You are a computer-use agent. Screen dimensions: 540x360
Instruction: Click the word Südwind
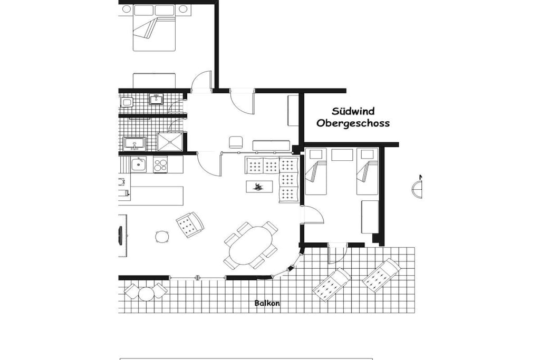(x=353, y=111)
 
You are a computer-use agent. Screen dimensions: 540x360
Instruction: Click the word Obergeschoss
(x=353, y=123)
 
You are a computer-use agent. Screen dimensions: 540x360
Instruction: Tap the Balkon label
(x=267, y=303)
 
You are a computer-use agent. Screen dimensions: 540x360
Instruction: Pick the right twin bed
(x=367, y=171)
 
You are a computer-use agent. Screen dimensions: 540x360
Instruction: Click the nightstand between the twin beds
(x=342, y=154)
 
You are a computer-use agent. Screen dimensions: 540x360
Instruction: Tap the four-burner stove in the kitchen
(x=160, y=164)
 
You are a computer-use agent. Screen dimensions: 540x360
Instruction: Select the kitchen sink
(x=139, y=164)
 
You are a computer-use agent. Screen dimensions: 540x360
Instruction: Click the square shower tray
(x=170, y=141)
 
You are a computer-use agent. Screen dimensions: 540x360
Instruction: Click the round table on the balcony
(x=146, y=294)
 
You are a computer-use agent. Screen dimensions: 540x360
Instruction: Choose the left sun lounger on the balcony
(x=332, y=285)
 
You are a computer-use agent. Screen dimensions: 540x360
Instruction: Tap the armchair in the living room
(x=190, y=225)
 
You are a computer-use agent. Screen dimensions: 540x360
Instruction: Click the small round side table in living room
(x=162, y=237)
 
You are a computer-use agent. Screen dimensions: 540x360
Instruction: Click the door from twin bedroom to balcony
(x=337, y=253)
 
